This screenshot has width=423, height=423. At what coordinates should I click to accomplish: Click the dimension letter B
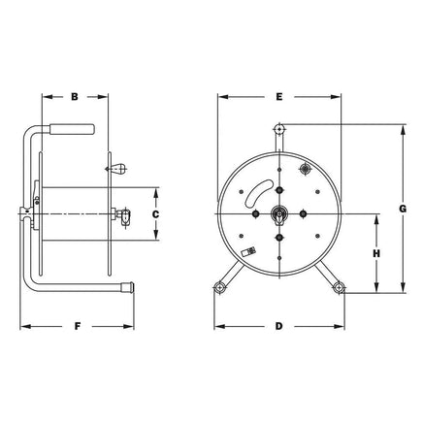pos(75,97)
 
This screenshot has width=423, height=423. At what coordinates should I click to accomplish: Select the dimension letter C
pos(155,214)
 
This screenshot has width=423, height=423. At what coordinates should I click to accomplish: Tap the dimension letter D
pos(278,326)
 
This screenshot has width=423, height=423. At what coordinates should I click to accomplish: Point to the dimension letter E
pos(279,97)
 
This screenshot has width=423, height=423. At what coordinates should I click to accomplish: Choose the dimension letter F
pos(78,326)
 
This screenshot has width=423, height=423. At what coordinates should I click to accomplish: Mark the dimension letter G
pos(403,209)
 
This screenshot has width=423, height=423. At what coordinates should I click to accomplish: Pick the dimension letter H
pos(376,254)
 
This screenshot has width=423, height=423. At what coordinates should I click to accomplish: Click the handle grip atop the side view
pos(72,129)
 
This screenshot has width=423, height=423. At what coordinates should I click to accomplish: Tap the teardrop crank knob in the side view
pos(116,168)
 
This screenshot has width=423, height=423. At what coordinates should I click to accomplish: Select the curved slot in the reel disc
pos(257,193)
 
